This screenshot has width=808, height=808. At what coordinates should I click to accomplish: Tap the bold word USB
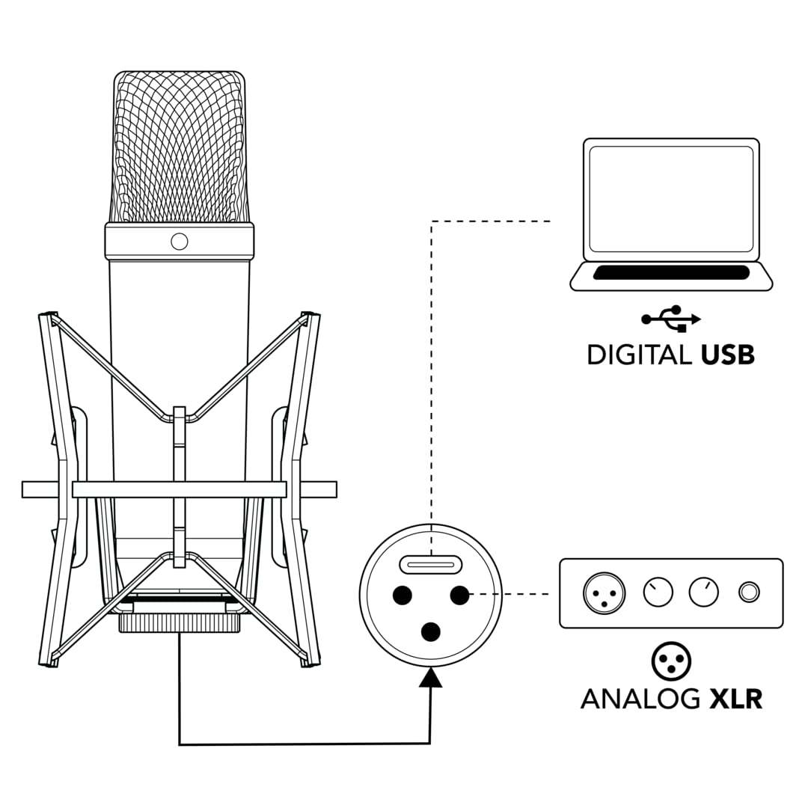click(728, 355)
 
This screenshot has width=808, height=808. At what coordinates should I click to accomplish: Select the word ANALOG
click(640, 698)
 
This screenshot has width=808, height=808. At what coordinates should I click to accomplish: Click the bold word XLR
click(736, 698)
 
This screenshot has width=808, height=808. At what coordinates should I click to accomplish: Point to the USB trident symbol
click(671, 319)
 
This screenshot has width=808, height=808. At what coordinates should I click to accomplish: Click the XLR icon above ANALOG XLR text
click(671, 660)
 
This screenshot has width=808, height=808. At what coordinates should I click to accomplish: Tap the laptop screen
click(671, 198)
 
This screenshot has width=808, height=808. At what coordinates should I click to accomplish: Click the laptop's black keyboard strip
click(671, 273)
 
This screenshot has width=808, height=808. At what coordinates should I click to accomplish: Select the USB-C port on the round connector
click(430, 565)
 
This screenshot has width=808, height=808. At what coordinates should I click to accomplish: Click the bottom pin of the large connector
click(430, 632)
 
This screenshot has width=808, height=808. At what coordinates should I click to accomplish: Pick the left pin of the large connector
click(402, 595)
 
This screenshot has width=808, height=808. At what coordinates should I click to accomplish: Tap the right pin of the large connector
click(459, 595)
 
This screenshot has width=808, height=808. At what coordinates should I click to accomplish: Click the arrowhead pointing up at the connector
click(430, 678)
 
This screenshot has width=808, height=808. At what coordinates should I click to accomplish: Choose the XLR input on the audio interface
click(604, 593)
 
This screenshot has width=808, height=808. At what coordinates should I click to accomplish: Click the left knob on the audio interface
click(658, 593)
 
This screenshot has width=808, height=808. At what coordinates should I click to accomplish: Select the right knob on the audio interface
click(703, 593)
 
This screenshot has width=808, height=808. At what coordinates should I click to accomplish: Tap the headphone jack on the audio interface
click(749, 593)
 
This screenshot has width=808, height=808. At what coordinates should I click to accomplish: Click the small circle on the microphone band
click(180, 241)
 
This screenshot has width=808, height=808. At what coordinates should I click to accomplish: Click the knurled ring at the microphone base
click(180, 622)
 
